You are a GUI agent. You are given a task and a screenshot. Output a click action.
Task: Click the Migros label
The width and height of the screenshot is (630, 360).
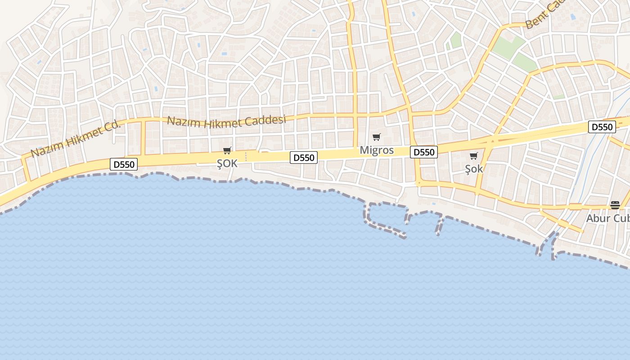tap(377, 150)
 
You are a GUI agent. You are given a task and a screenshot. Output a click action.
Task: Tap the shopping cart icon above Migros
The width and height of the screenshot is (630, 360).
tap(377, 137)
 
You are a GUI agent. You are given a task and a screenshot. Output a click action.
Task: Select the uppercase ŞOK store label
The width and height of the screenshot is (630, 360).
tap(227, 163)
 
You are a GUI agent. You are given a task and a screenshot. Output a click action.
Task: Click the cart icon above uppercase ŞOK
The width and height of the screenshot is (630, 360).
tap(227, 151)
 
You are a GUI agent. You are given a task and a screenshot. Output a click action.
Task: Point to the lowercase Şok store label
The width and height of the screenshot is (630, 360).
tap(474, 169)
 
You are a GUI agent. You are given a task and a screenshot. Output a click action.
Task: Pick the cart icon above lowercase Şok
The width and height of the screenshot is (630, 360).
tap(474, 156)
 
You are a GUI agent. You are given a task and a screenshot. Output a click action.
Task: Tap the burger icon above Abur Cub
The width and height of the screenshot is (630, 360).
tap(615, 205)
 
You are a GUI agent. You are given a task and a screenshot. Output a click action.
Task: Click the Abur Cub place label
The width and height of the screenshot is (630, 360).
tap(607, 218)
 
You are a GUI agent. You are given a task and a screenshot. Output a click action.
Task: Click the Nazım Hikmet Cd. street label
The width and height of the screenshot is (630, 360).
tap(76, 139)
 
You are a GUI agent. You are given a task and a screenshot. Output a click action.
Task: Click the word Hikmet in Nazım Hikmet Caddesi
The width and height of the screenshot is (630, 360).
tap(221, 122)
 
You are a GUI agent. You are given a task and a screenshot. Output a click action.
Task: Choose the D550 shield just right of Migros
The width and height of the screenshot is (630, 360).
tap(424, 153)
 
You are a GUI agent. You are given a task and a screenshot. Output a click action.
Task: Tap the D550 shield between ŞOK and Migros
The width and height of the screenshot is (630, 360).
tap(304, 157)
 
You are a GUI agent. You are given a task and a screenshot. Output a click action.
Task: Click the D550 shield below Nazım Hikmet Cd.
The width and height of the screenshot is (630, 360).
tap(124, 164)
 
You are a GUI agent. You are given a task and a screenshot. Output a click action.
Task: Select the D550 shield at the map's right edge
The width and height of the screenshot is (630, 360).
tap(602, 127)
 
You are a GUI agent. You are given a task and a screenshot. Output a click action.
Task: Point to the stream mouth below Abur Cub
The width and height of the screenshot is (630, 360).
tap(546, 245)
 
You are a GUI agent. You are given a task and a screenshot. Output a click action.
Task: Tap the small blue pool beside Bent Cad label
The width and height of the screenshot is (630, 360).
tap(572, 17)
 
